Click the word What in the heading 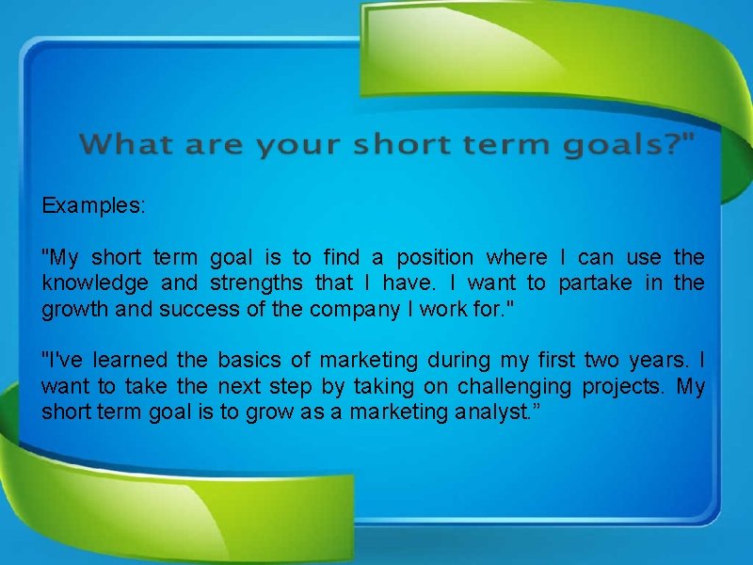click(x=127, y=145)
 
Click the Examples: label click(x=93, y=205)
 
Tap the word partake click(x=595, y=282)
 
